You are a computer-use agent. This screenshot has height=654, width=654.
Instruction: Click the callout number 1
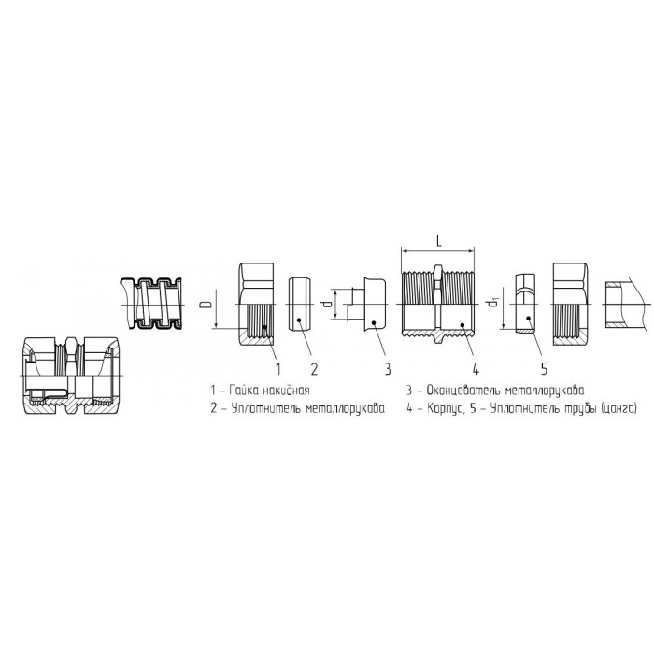(x=277, y=369)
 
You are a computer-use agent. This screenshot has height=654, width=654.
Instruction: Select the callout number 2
(x=314, y=369)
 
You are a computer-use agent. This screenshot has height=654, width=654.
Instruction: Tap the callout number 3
(x=388, y=369)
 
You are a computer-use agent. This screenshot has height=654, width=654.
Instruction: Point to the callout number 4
(x=476, y=369)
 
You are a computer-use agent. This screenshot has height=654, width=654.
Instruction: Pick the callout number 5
(x=544, y=369)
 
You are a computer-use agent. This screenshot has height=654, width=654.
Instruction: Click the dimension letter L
(x=439, y=241)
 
